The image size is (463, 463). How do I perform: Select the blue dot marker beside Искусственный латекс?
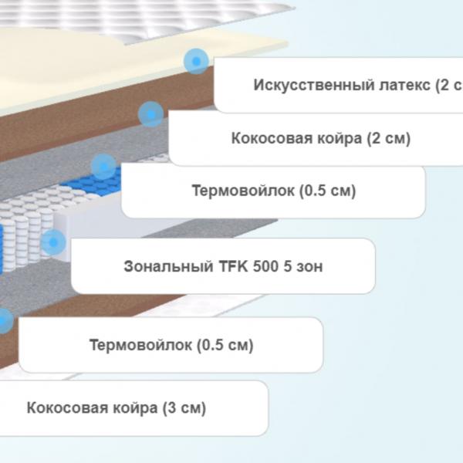(x=196, y=62)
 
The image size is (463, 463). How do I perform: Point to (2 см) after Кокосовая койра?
(x=389, y=138)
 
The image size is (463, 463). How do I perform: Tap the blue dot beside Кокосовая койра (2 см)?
(x=150, y=114)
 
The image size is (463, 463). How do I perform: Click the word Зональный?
(x=168, y=266)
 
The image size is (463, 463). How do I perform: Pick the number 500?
(x=265, y=266)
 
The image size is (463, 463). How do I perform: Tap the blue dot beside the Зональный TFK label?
(x=53, y=242)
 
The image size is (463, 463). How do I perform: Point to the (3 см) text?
(x=184, y=408)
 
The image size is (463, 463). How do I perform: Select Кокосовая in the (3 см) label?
(x=67, y=408)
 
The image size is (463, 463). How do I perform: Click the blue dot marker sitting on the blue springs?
(x=103, y=167)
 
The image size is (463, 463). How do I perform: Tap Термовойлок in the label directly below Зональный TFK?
(x=140, y=345)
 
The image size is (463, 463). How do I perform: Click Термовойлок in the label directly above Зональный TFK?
(x=243, y=191)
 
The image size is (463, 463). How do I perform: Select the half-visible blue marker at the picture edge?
(x=5, y=321)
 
